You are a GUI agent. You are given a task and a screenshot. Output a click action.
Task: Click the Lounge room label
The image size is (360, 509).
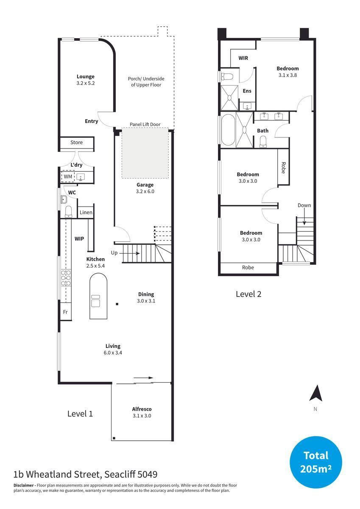pos(85,76)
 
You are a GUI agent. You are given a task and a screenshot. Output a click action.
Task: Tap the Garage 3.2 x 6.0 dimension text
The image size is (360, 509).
pos(145,191)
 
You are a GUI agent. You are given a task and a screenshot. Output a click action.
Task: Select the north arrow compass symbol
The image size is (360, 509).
pos(315,394)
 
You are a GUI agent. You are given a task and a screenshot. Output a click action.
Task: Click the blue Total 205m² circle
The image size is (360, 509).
pos(315,462)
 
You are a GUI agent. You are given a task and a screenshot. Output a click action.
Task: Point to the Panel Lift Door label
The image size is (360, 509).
pos(145,124)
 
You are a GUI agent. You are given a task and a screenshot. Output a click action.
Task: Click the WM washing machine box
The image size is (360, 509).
pos(68,176)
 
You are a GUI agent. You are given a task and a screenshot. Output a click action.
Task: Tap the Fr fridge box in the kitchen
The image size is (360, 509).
pos(65,312)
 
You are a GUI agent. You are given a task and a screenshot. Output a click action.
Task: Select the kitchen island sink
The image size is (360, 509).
pos(95,300)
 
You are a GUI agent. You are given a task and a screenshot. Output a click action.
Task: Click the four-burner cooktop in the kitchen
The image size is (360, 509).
pos(66,277)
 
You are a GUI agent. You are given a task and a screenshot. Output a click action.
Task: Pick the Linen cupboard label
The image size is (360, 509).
pos(86,212)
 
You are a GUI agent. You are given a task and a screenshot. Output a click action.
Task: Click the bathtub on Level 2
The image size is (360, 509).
pos(227,130)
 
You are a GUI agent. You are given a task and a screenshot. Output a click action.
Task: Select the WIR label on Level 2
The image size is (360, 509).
pos(243,58)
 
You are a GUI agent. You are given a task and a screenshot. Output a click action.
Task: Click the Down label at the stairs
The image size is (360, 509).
pos(304,205)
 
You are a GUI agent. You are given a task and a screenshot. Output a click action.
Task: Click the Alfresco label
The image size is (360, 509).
pos(142,409)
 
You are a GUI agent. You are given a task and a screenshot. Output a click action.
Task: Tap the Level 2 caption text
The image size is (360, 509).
pos(248,294)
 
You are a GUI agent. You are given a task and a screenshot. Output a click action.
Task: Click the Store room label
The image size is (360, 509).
pos(76,143)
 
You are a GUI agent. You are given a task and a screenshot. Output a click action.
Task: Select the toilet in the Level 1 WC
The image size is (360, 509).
pos(68,210)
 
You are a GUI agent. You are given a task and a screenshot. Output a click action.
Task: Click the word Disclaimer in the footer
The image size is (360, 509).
pos(23,485)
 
